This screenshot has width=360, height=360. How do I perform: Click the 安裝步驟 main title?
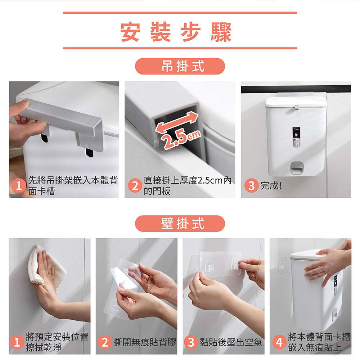(x=176, y=32)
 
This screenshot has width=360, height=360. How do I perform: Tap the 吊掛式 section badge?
(x=180, y=66)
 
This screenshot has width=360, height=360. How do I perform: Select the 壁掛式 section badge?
(x=180, y=224)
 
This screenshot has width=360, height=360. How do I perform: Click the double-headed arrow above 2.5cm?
(x=176, y=122)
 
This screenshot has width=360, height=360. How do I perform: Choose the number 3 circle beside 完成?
(x=251, y=185)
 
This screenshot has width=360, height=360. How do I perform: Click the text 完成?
(x=271, y=185)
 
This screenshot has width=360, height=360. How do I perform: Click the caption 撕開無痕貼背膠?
(x=145, y=342)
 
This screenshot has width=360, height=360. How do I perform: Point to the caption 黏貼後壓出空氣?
(x=231, y=342)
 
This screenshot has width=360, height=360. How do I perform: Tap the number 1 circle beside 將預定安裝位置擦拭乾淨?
(x=17, y=342)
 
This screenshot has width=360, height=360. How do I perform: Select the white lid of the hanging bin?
(x=296, y=102)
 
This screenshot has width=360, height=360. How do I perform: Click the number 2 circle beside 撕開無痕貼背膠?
(x=105, y=342)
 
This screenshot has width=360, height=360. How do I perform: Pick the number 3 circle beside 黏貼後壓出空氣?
(x=191, y=342)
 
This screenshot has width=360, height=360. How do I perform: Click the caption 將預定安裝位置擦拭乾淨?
(x=57, y=342)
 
